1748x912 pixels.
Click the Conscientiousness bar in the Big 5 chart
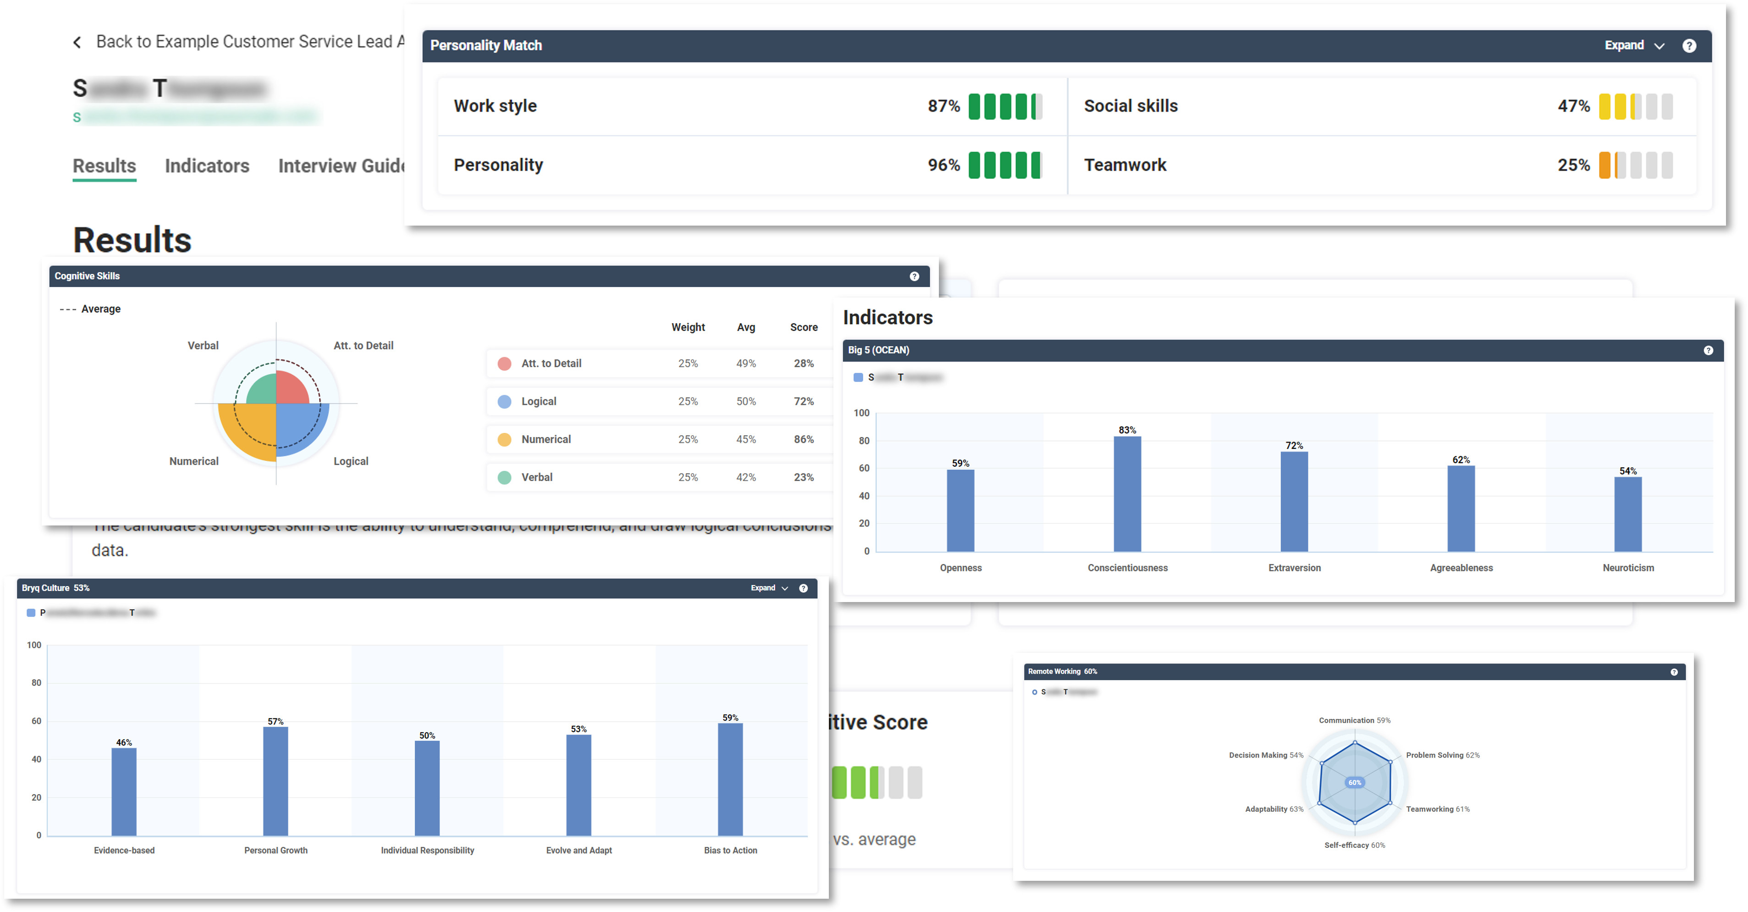coord(1127,493)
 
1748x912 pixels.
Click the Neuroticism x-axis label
coord(1628,568)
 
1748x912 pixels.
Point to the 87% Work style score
coord(943,106)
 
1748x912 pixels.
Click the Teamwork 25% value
coord(1573,166)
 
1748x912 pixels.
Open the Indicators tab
coord(207,166)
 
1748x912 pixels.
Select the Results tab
coord(105,166)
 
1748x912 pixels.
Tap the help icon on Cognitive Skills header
coord(914,276)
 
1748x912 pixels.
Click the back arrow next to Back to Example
coord(77,43)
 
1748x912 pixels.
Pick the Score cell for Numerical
coord(804,439)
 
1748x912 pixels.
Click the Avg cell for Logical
coord(746,401)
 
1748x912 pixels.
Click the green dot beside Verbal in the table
coord(504,477)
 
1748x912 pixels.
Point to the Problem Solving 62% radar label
coord(1442,755)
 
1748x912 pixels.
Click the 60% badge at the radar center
coord(1354,782)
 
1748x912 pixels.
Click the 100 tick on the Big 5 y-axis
coord(861,413)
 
